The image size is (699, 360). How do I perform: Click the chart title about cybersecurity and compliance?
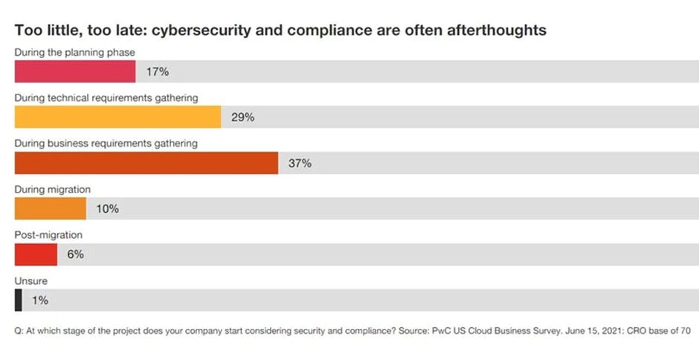click(280, 30)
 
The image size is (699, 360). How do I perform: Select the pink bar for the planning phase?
click(75, 71)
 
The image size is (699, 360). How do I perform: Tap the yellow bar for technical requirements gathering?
click(117, 117)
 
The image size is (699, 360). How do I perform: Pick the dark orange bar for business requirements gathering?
click(146, 163)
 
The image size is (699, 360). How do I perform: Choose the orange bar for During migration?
click(51, 208)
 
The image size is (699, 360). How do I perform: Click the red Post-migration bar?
click(36, 254)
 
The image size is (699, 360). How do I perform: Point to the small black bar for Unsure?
click(18, 300)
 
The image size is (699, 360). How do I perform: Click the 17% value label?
click(158, 72)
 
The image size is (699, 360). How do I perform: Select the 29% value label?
click(242, 118)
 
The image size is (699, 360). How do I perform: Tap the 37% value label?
click(300, 164)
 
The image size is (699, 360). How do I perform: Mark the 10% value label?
click(107, 209)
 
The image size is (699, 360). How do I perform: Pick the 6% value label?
click(75, 254)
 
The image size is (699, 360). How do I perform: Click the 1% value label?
click(39, 300)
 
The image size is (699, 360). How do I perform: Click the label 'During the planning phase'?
click(75, 52)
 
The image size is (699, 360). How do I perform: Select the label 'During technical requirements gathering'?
click(106, 97)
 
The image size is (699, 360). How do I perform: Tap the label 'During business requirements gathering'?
click(106, 144)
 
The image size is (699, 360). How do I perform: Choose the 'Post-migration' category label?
click(48, 235)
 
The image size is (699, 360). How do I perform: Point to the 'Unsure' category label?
click(31, 281)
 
